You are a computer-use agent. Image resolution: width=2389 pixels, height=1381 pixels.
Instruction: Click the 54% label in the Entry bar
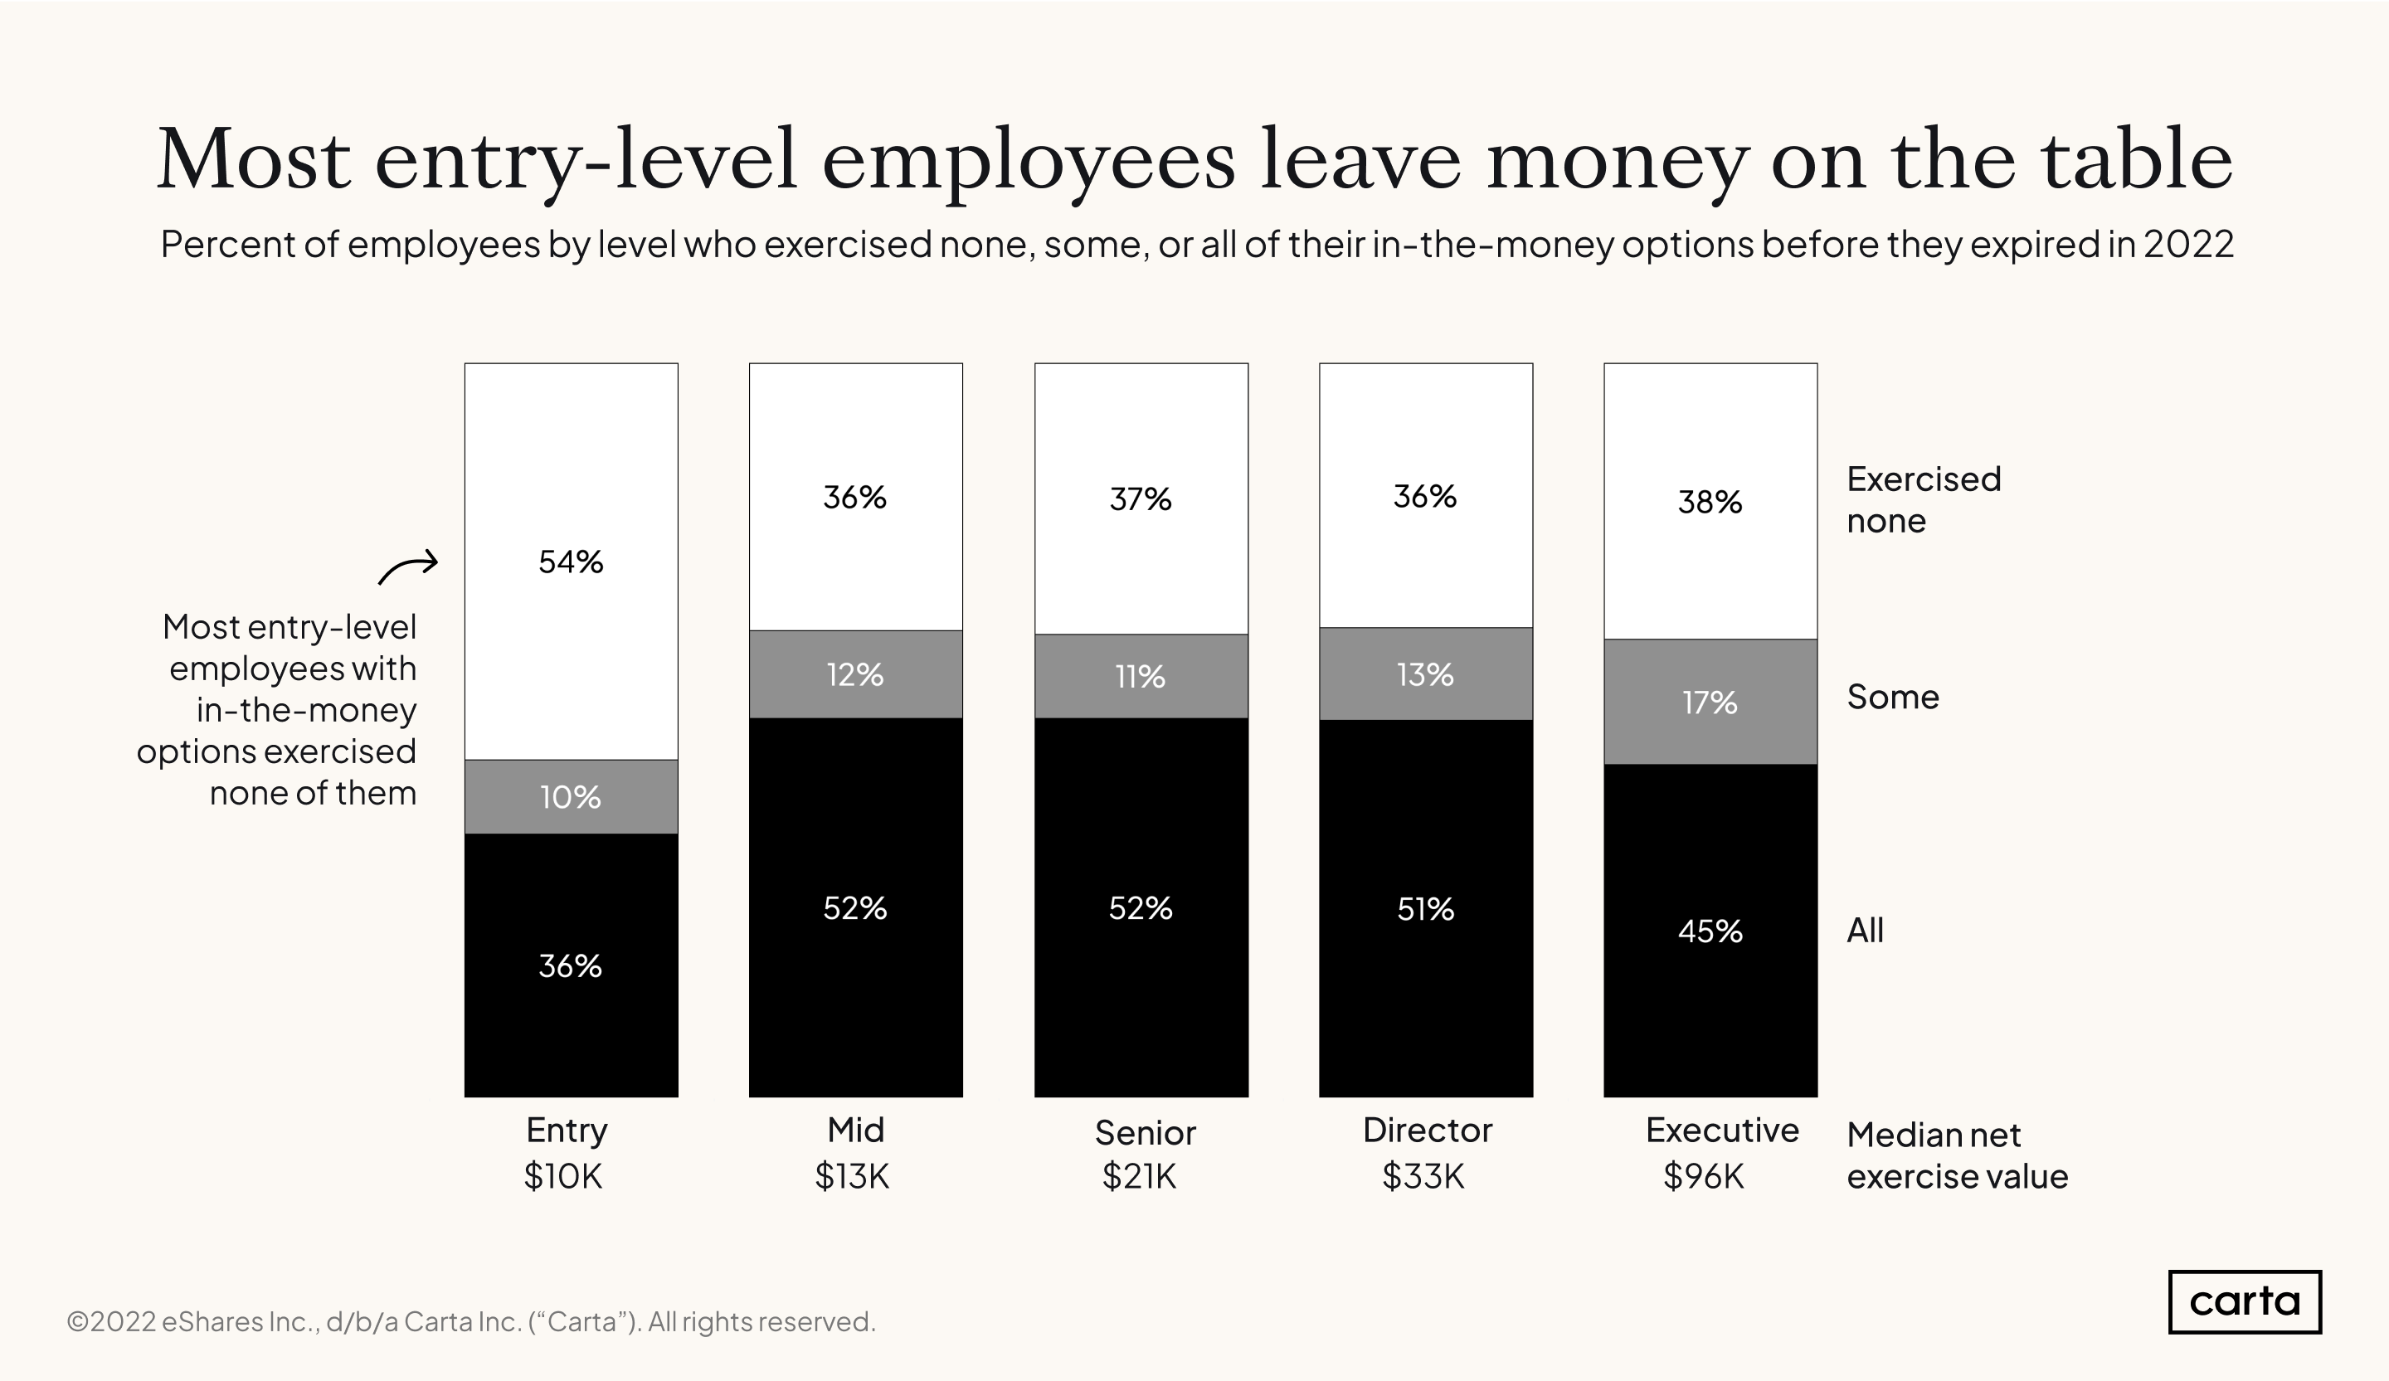pyautogui.click(x=570, y=562)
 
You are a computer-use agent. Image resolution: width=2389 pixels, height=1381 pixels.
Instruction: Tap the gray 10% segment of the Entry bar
pyautogui.click(x=570, y=796)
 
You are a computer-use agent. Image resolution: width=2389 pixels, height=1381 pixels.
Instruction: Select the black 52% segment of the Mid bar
pyautogui.click(x=854, y=908)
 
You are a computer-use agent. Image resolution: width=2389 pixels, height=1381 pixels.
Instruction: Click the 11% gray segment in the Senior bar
pyautogui.click(x=1141, y=676)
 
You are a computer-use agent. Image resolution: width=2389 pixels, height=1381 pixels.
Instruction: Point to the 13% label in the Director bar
pyautogui.click(x=1424, y=675)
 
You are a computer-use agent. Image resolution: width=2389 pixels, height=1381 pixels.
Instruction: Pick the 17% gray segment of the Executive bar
pyautogui.click(x=1710, y=703)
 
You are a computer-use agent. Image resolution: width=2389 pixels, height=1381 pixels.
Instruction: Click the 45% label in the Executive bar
pyautogui.click(x=1710, y=931)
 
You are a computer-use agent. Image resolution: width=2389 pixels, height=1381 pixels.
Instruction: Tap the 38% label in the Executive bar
pyautogui.click(x=1710, y=502)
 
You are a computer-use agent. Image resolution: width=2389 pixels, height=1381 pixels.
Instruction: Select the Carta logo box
pyautogui.click(x=2243, y=1301)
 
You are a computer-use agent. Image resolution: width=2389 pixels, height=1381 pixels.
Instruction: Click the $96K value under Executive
pyautogui.click(x=1703, y=1176)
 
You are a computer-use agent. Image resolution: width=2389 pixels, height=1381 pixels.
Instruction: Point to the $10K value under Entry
pyautogui.click(x=562, y=1176)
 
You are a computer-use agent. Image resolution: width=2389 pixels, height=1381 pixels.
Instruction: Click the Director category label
pyautogui.click(x=1427, y=1130)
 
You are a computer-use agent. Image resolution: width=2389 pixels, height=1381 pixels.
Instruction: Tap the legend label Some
pyautogui.click(x=1892, y=698)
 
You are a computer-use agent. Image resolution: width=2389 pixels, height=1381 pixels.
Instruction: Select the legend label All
pyautogui.click(x=1864, y=931)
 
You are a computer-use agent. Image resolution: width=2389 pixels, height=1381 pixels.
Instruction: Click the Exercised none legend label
pyautogui.click(x=1923, y=499)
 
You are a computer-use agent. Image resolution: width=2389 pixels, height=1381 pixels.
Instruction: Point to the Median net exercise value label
pyautogui.click(x=1956, y=1155)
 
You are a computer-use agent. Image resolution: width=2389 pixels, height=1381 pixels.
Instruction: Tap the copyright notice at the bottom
pyautogui.click(x=470, y=1321)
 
